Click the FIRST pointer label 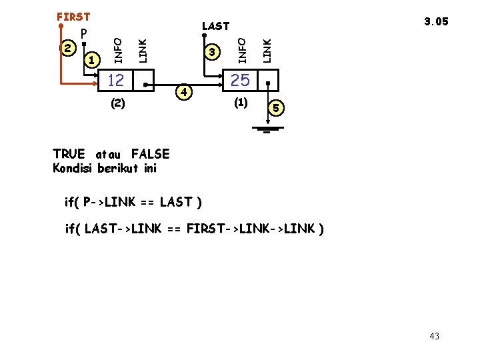(x=73, y=16)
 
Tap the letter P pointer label (x=84, y=34)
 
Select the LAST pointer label (x=215, y=26)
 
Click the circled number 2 (x=67, y=48)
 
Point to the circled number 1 (x=93, y=61)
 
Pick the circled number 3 (x=212, y=51)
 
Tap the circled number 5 (x=278, y=107)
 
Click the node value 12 (x=116, y=81)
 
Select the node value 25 (x=240, y=81)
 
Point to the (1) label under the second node (x=240, y=103)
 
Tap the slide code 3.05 (x=436, y=21)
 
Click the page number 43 (x=434, y=336)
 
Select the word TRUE (x=69, y=155)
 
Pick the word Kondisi (x=73, y=167)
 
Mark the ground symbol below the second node (x=267, y=128)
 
